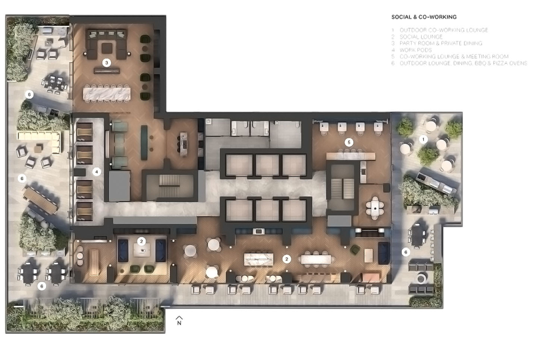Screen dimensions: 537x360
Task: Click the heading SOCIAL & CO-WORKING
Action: pos(424,17)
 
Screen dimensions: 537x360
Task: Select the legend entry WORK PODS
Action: pos(415,50)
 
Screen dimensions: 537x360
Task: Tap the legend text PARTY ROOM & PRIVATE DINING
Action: pos(441,43)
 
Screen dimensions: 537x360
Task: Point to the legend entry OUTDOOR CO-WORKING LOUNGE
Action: pos(444,30)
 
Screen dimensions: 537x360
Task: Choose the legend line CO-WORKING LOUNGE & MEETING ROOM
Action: pos(454,56)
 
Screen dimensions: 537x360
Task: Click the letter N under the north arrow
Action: pos(179,323)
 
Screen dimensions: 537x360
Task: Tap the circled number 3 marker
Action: pos(106,63)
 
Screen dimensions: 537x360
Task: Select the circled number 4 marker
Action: pos(96,172)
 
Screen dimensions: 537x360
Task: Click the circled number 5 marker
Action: pos(349,142)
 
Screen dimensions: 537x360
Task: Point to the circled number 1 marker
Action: pos(423,139)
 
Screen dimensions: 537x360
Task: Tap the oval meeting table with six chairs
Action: pos(375,208)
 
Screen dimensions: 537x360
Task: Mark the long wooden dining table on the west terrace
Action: pos(40,199)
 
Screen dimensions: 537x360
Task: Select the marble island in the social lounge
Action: pos(258,259)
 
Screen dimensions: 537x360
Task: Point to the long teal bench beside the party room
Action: pos(144,142)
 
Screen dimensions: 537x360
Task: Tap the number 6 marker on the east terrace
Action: pos(406,252)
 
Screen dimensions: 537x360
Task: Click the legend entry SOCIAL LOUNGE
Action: pos(421,37)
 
